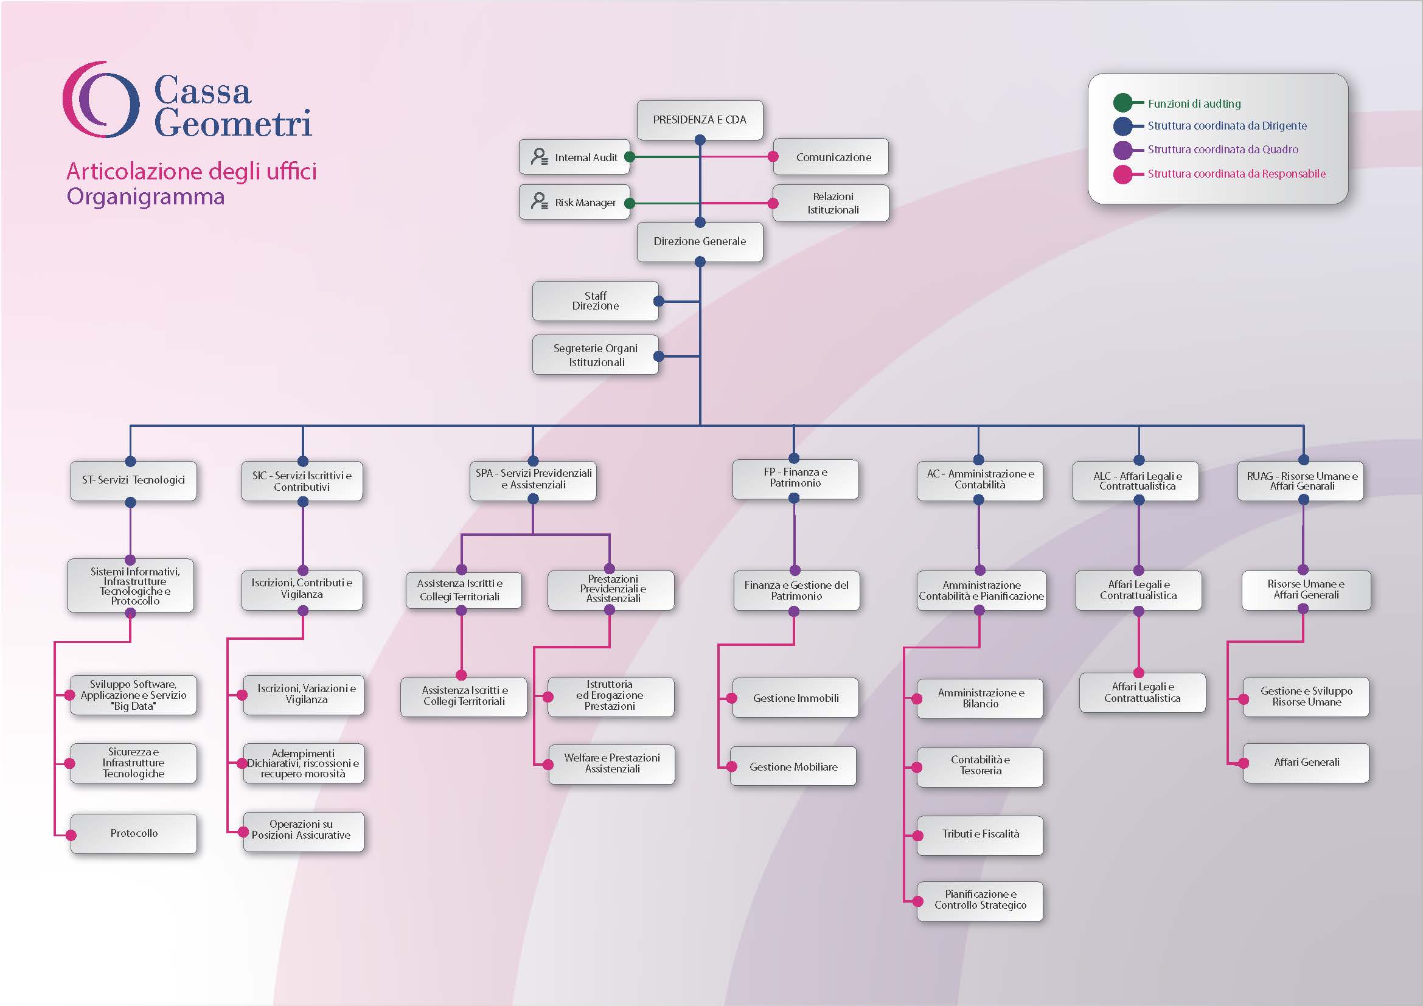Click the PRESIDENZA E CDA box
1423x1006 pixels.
[700, 120]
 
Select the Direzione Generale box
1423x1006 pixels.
[700, 241]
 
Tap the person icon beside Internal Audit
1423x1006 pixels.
[539, 157]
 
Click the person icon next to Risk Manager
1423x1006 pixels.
[539, 201]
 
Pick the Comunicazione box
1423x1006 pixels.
[833, 158]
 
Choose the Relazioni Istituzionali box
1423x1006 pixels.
[833, 203]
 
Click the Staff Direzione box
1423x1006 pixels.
[595, 301]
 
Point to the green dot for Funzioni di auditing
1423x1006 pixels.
[1122, 103]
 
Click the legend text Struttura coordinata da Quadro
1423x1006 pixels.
[1222, 149]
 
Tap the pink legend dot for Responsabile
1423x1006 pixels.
[1122, 174]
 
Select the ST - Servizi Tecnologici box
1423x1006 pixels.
[133, 480]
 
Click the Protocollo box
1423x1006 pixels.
[134, 833]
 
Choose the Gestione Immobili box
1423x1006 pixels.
[796, 698]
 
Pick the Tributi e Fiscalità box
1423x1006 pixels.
[981, 834]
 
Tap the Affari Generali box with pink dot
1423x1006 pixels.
[1306, 763]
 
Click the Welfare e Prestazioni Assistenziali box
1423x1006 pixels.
[611, 764]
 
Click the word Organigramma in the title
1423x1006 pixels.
[145, 196]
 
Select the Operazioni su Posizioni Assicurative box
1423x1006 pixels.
[302, 830]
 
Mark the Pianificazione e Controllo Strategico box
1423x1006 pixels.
[981, 900]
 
